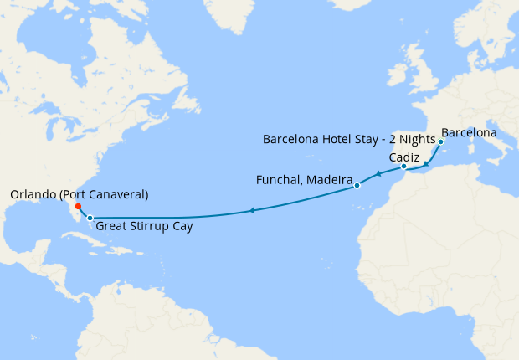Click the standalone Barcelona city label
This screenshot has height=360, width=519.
[469, 132]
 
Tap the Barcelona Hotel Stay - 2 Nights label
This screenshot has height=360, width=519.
[347, 138]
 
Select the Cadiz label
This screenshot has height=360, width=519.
[404, 157]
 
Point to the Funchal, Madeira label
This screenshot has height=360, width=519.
[302, 180]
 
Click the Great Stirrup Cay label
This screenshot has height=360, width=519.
[143, 225]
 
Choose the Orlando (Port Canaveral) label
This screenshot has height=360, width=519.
[79, 194]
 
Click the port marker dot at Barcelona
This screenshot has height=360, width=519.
[440, 141]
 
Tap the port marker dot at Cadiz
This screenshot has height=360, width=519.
[403, 167]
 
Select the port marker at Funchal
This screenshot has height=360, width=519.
[357, 185]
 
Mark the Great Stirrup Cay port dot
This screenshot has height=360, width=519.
[90, 218]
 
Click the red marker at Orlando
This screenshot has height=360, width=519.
[77, 206]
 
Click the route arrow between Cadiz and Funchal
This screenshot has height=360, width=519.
[378, 174]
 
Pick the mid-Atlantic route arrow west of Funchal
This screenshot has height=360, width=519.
[251, 211]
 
